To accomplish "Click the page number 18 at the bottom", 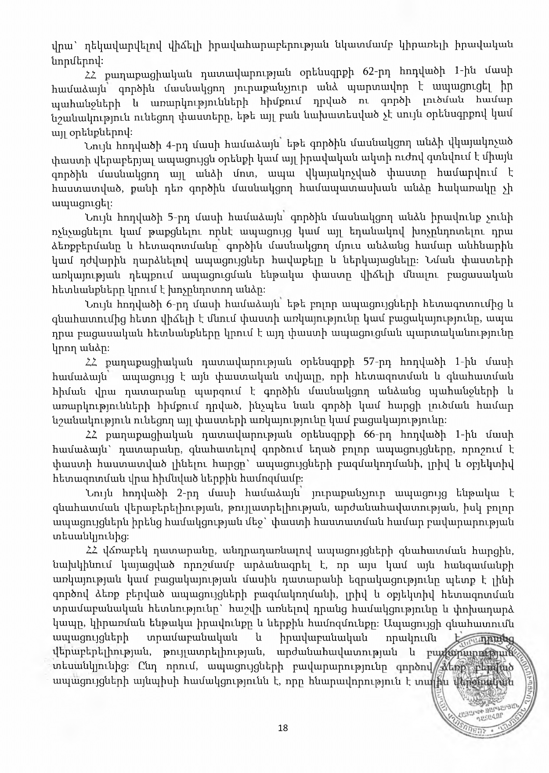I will coord(283,728).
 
